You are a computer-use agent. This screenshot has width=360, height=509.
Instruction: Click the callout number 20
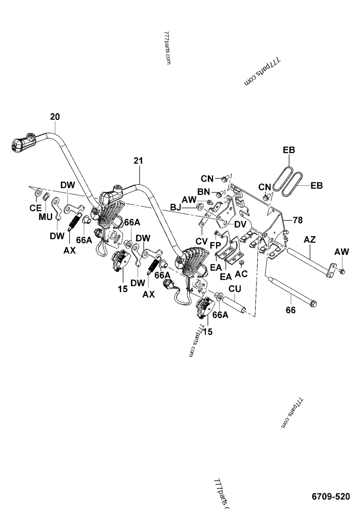54,117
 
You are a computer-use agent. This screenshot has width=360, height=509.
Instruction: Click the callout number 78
298,220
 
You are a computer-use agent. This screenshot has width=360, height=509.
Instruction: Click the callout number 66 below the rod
291,310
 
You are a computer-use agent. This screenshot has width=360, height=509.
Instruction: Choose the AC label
241,273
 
